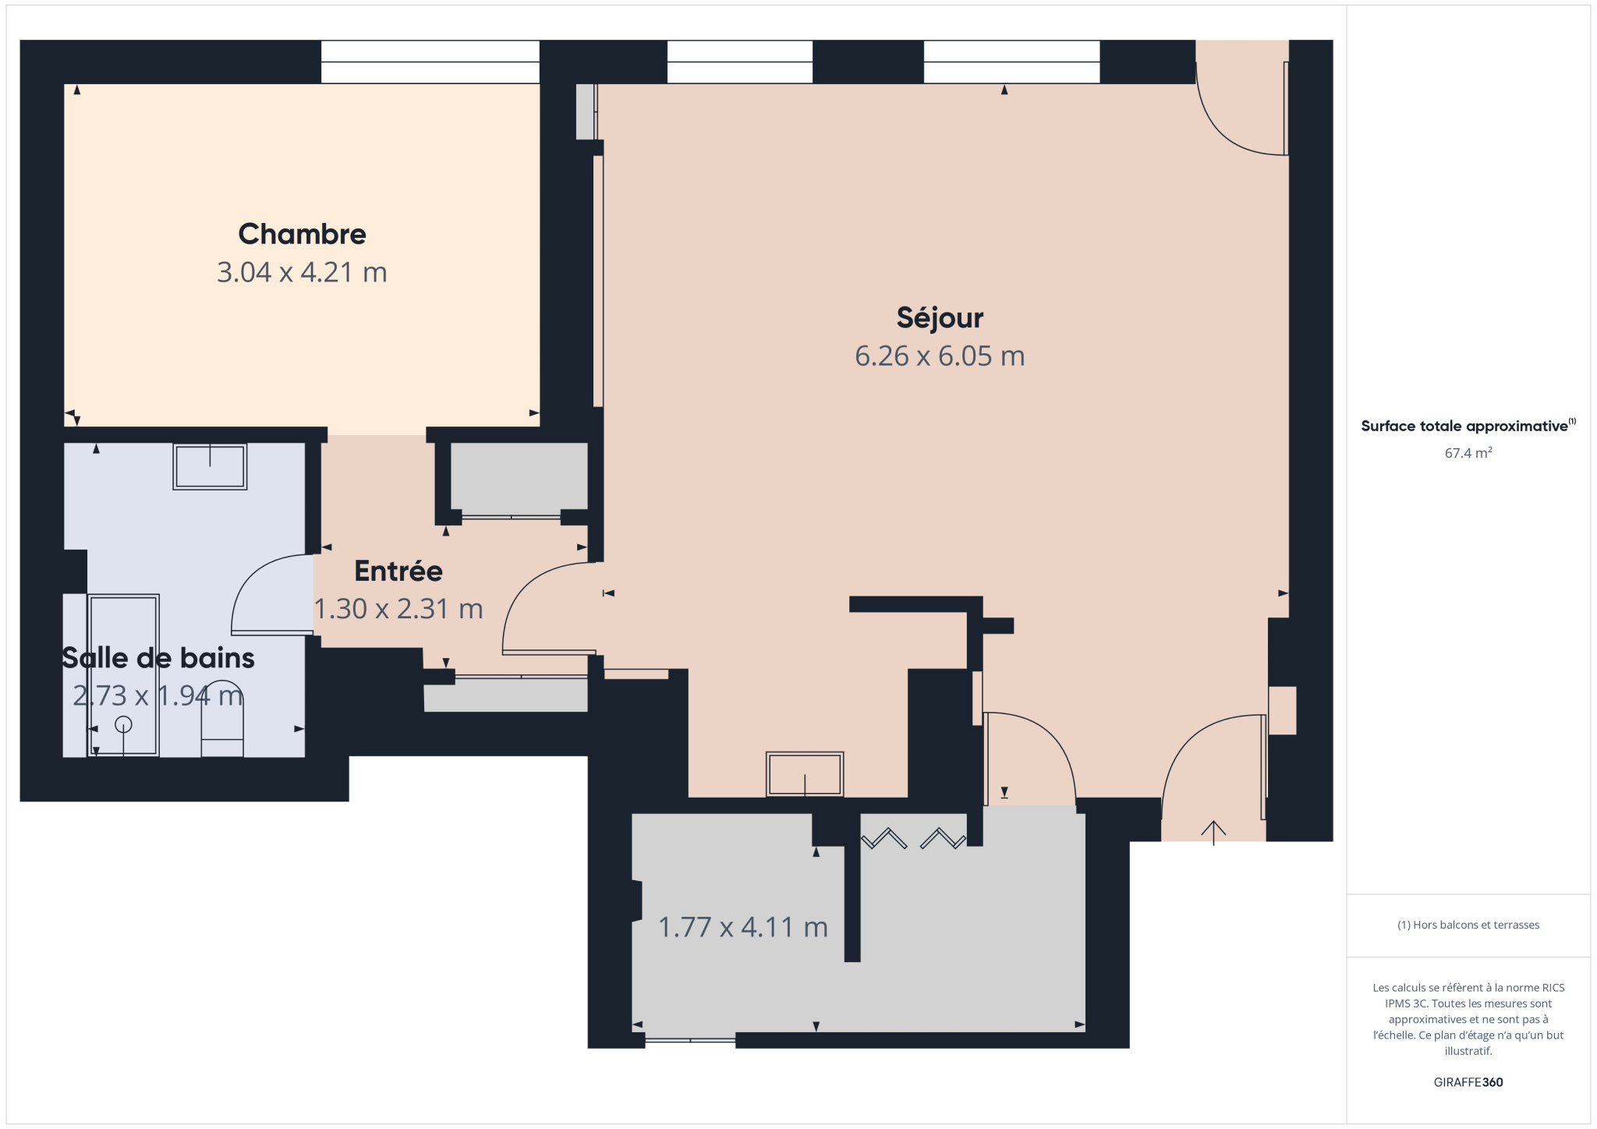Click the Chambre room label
[302, 234]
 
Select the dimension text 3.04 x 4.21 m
[302, 272]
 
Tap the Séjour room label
[939, 317]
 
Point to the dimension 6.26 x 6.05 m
[939, 356]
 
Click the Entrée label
[398, 571]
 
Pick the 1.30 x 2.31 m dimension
[398, 608]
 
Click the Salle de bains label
[158, 658]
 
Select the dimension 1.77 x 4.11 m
[742, 927]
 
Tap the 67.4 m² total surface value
[1468, 453]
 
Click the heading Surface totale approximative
[1464, 426]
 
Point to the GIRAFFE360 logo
[1468, 1082]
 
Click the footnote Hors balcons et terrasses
[1468, 925]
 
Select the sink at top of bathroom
[210, 466]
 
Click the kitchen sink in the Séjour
[804, 774]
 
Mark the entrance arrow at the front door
[1213, 832]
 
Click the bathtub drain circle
[123, 724]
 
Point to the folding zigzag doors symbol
[913, 839]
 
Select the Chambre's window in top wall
[430, 62]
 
